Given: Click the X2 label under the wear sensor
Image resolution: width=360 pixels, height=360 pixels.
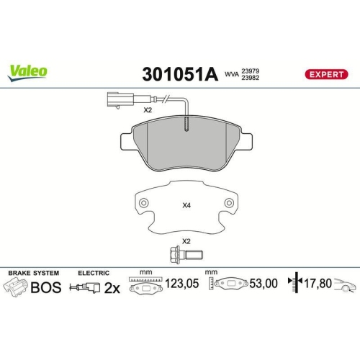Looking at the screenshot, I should [147, 110].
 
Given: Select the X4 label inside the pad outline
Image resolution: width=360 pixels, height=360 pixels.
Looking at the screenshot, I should [186, 205].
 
